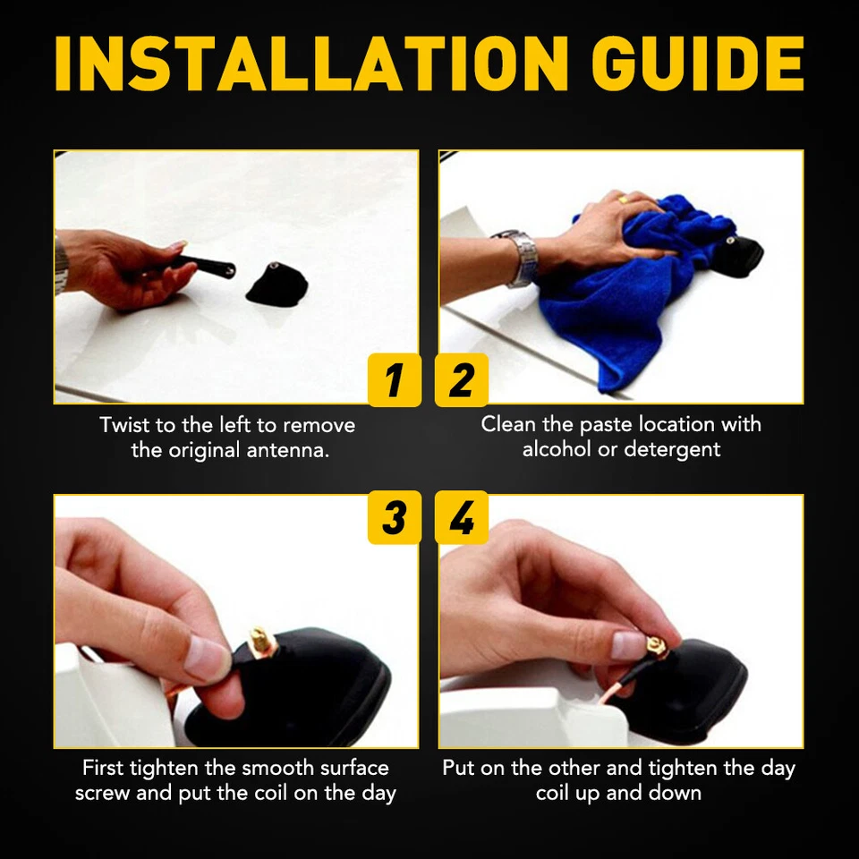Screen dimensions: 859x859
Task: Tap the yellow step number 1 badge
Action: coord(394,380)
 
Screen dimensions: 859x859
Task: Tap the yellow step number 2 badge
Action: coord(462,380)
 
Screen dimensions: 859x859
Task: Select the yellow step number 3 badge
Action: coord(394,518)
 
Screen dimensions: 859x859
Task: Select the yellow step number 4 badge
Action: coord(462,518)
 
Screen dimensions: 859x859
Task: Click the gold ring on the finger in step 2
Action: coord(624,200)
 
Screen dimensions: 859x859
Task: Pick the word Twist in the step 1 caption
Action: coord(123,424)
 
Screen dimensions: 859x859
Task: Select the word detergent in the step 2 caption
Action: coord(672,449)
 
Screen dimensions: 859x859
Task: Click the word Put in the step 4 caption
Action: coord(458,768)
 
